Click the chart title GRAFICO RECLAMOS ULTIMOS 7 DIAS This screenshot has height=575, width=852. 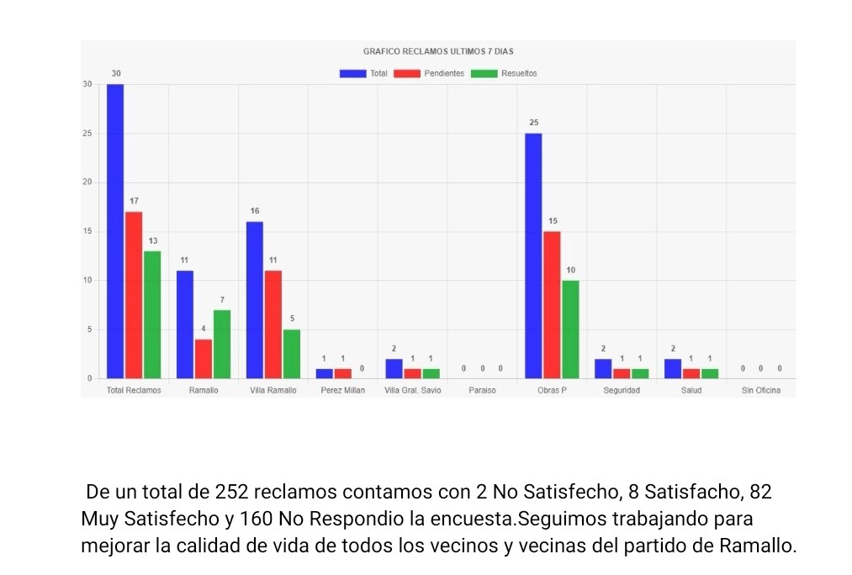click(438, 51)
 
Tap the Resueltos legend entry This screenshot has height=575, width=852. click(504, 73)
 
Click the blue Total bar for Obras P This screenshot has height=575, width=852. click(533, 256)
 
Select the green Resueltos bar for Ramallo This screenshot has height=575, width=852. click(222, 344)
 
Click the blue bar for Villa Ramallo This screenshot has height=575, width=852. click(255, 299)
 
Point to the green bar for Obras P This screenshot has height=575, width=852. click(570, 329)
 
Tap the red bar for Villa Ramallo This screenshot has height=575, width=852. click(273, 324)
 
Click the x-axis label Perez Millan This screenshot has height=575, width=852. click(343, 391)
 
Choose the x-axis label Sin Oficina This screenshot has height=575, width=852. click(760, 391)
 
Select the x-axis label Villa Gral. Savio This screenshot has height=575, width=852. click(412, 391)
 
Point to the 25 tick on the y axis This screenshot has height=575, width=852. click(87, 134)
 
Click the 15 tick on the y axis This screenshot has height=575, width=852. click(87, 231)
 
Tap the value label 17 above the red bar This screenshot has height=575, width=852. click(134, 201)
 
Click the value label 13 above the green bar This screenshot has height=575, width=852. click(153, 240)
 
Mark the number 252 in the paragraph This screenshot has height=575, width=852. click(231, 491)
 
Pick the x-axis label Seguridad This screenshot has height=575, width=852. click(622, 391)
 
